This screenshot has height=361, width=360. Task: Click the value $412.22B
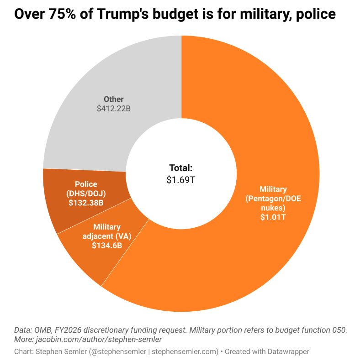tap(113, 109)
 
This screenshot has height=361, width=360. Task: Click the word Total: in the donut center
tap(181, 167)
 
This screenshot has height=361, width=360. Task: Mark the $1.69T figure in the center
tap(181, 179)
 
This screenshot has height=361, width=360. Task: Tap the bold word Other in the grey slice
tap(113, 99)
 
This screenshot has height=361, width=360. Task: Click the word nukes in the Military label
tap(273, 208)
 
